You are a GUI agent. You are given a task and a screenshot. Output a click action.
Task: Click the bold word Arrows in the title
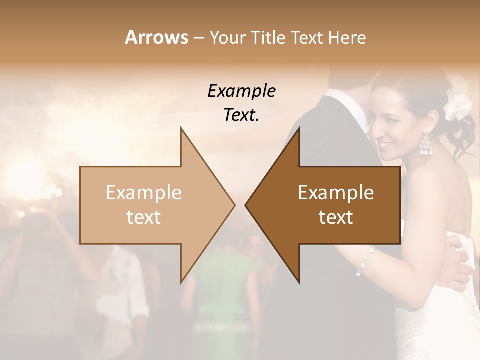(156, 37)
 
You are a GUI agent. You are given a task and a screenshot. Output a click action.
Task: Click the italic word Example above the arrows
(241, 91)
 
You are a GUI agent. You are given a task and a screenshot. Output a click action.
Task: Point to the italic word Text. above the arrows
(241, 115)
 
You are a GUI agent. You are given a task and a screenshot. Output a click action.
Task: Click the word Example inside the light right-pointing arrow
(144, 193)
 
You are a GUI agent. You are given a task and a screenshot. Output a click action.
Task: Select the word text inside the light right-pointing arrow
(144, 217)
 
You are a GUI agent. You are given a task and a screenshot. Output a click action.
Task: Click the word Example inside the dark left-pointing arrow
(336, 193)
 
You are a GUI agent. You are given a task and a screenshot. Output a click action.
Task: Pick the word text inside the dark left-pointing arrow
(336, 217)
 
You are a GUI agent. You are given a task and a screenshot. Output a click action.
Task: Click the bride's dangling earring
(426, 145)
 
